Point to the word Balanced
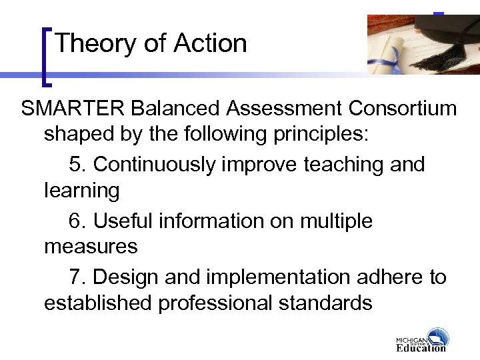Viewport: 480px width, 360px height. [x=175, y=108]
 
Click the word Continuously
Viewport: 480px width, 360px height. [x=154, y=164]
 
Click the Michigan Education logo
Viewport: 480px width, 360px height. [x=422, y=340]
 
